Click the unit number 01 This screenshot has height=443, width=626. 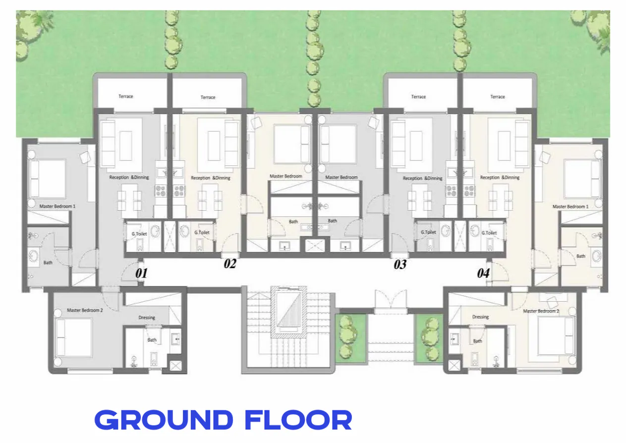tap(142, 273)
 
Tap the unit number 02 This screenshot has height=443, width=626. tap(229, 264)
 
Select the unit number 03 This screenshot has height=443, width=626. tap(400, 265)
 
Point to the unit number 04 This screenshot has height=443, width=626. tap(483, 273)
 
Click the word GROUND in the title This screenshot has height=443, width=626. tap(163, 420)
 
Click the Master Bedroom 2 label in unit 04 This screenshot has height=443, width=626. tap(541, 311)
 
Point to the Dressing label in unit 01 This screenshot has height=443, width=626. tap(147, 318)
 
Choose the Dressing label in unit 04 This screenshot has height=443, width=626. tap(480, 317)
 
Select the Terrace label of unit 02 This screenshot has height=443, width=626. tap(208, 97)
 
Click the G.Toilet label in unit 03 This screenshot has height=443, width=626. tap(428, 232)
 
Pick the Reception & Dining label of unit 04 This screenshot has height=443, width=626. tap(500, 177)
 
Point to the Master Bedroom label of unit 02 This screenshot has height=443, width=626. tap(285, 176)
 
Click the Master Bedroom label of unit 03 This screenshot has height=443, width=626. tap(341, 177)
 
